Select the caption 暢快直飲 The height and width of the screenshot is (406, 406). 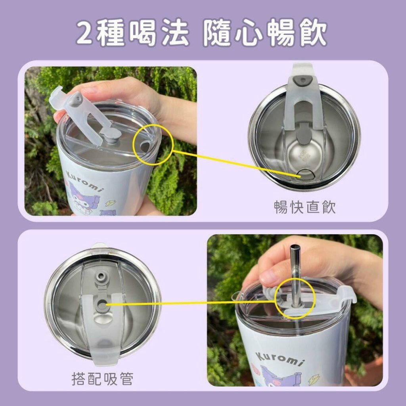click(305, 207)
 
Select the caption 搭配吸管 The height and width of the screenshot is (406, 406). click(102, 379)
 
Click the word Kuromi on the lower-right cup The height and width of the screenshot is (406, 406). click(280, 359)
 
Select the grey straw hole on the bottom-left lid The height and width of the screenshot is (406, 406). click(102, 305)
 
